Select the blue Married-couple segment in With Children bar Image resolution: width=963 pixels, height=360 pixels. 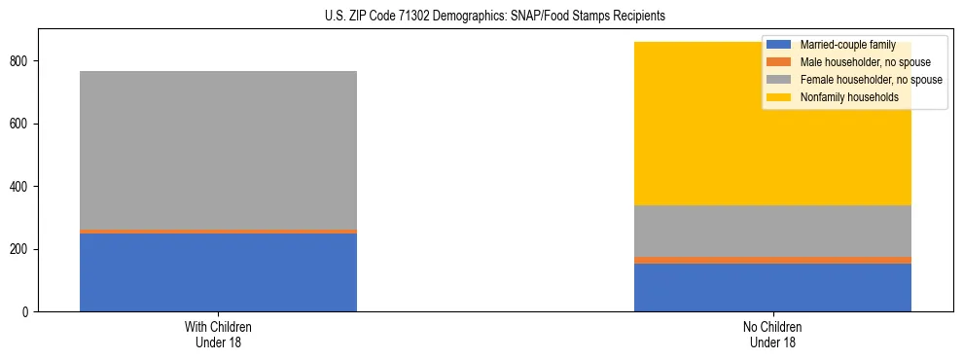pos(218,272)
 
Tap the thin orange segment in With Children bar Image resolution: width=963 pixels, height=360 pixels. pos(218,232)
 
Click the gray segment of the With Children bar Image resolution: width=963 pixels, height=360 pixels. pos(218,150)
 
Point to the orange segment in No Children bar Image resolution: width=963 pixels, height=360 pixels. pos(772,260)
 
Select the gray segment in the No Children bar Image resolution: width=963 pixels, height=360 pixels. pos(772,231)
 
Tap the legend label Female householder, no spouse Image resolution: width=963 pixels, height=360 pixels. pos(871,80)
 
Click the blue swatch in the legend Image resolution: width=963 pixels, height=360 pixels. pos(779,45)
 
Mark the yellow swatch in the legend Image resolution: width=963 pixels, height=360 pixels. pos(779,97)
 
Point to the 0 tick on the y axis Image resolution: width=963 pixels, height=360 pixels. pos(28,312)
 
